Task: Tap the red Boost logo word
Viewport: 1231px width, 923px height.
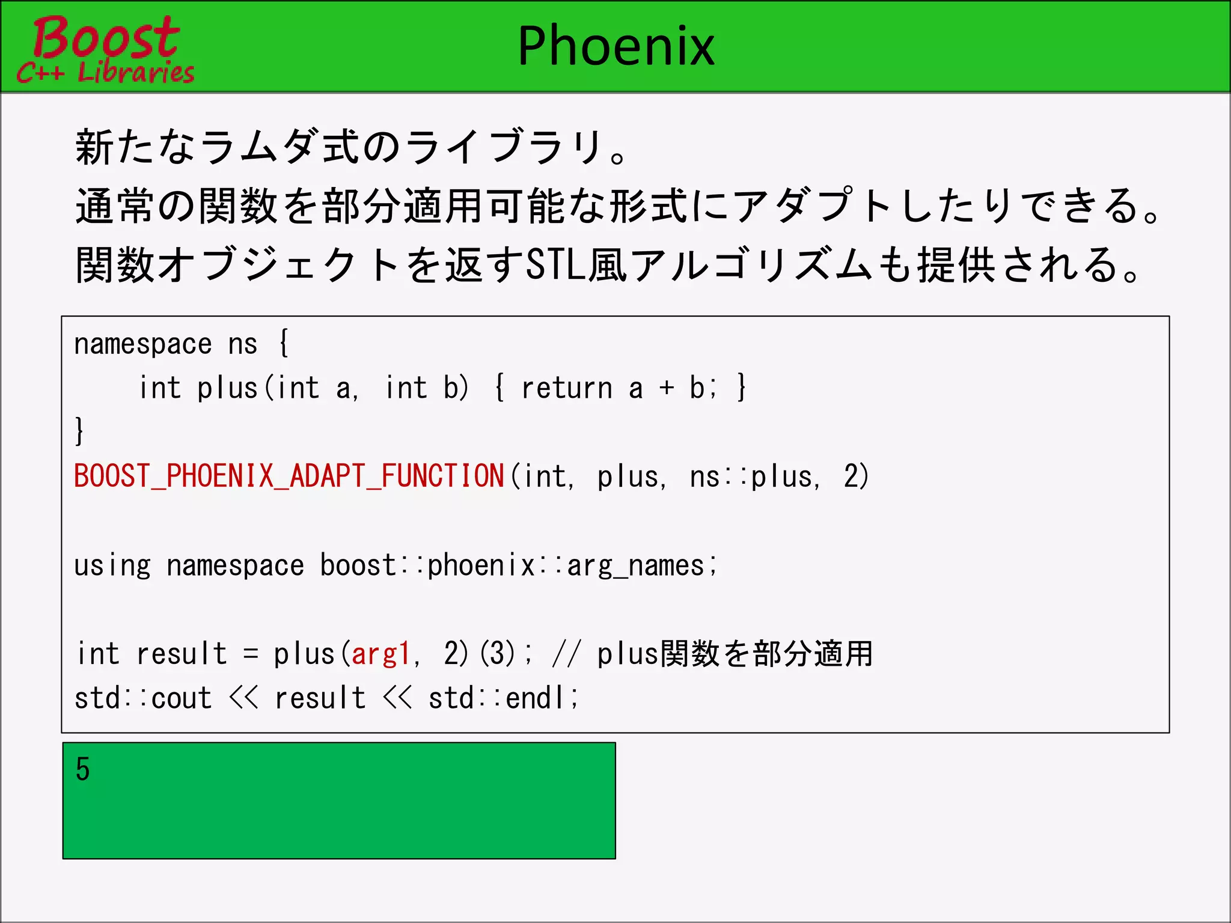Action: (106, 37)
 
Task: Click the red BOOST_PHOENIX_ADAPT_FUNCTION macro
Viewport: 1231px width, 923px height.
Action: (289, 476)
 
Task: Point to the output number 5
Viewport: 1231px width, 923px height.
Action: (83, 769)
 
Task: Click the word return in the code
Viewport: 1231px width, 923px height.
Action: (566, 388)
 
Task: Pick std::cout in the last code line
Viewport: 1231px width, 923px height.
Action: (143, 698)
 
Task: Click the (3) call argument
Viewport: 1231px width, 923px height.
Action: (498, 654)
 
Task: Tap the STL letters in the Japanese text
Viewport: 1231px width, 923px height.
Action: (556, 264)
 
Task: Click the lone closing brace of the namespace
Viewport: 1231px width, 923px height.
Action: (79, 431)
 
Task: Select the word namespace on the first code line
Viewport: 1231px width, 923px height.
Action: (143, 344)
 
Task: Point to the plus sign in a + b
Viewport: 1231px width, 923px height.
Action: (666, 388)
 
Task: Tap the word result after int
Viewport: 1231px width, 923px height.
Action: (182, 654)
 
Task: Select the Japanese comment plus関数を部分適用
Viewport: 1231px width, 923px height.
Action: (735, 654)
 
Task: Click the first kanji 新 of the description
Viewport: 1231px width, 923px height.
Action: (94, 147)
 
